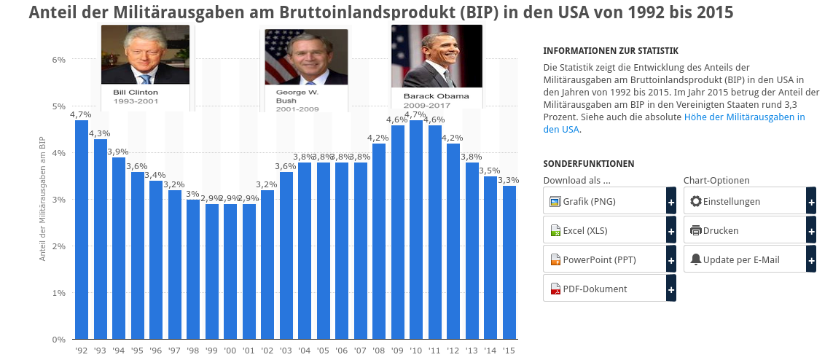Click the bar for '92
[82, 230]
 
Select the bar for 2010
[416, 230]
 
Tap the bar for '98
[193, 269]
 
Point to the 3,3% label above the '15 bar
[509, 180]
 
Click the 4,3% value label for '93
[100, 133]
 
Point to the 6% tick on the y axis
[59, 60]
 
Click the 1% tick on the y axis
[59, 293]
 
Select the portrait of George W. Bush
[306, 58]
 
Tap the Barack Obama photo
[437, 56]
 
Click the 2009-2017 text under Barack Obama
[427, 106]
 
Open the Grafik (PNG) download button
[605, 201]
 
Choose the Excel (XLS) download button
[605, 231]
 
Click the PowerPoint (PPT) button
[605, 259]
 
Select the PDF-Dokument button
[605, 289]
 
